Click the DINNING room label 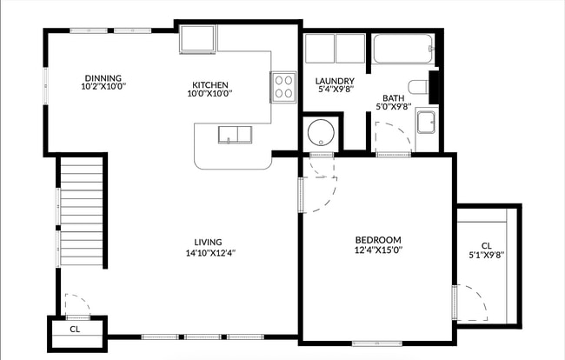click(103, 78)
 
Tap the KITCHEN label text click(210, 85)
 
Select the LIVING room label click(208, 242)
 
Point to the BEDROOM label click(378, 240)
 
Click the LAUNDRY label click(335, 81)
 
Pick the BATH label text click(394, 98)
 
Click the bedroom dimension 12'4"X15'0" click(378, 250)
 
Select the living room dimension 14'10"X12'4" click(210, 253)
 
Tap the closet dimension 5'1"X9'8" click(486, 256)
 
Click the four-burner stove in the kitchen click(283, 88)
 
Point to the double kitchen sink click(235, 135)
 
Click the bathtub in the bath click(403, 49)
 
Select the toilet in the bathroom click(418, 87)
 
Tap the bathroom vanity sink click(426, 122)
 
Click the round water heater click(321, 132)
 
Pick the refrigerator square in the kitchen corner click(198, 39)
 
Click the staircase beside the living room click(82, 211)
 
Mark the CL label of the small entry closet click(75, 329)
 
